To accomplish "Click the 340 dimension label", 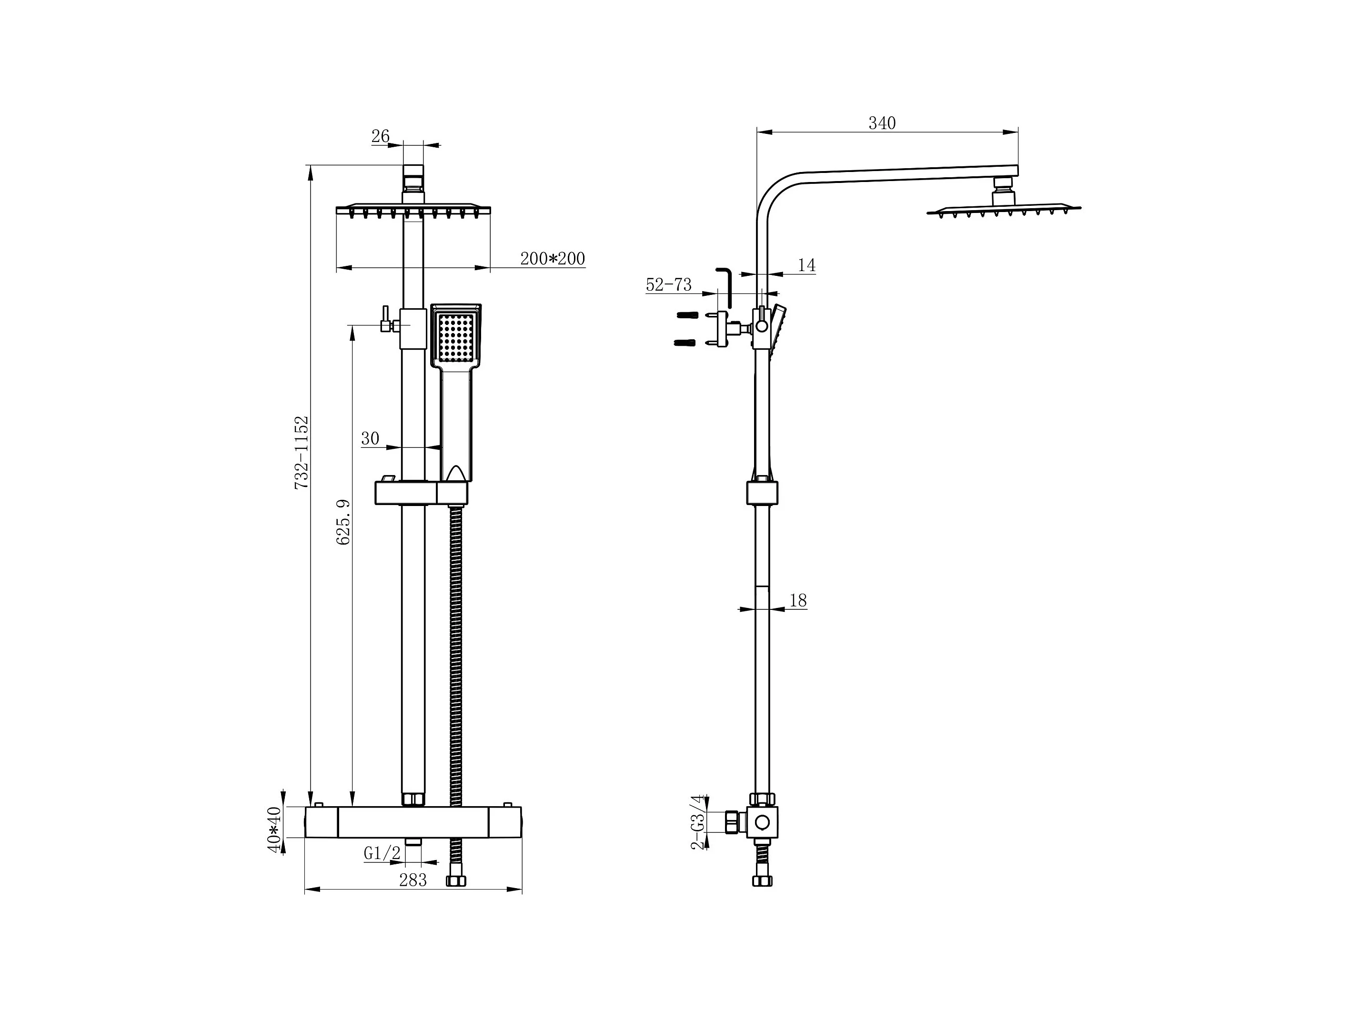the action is coord(882,123).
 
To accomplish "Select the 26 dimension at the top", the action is coord(380,136).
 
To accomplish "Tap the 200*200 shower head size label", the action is coord(552,259).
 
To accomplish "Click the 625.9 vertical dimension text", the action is coord(343,522).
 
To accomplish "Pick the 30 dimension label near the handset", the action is coord(370,439).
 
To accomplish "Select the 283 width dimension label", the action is coord(413,880).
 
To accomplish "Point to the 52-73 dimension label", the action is coord(668,284).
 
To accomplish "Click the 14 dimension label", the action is coord(806,265).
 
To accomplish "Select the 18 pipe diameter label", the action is coord(798,600).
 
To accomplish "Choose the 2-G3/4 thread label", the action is coord(698,822).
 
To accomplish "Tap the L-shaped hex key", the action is coord(726,290).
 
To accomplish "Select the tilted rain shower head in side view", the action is coord(1004,209).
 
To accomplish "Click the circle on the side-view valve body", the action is coord(762,822).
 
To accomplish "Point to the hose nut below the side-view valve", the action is coord(762,880).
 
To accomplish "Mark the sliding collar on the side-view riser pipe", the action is coord(762,493).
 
